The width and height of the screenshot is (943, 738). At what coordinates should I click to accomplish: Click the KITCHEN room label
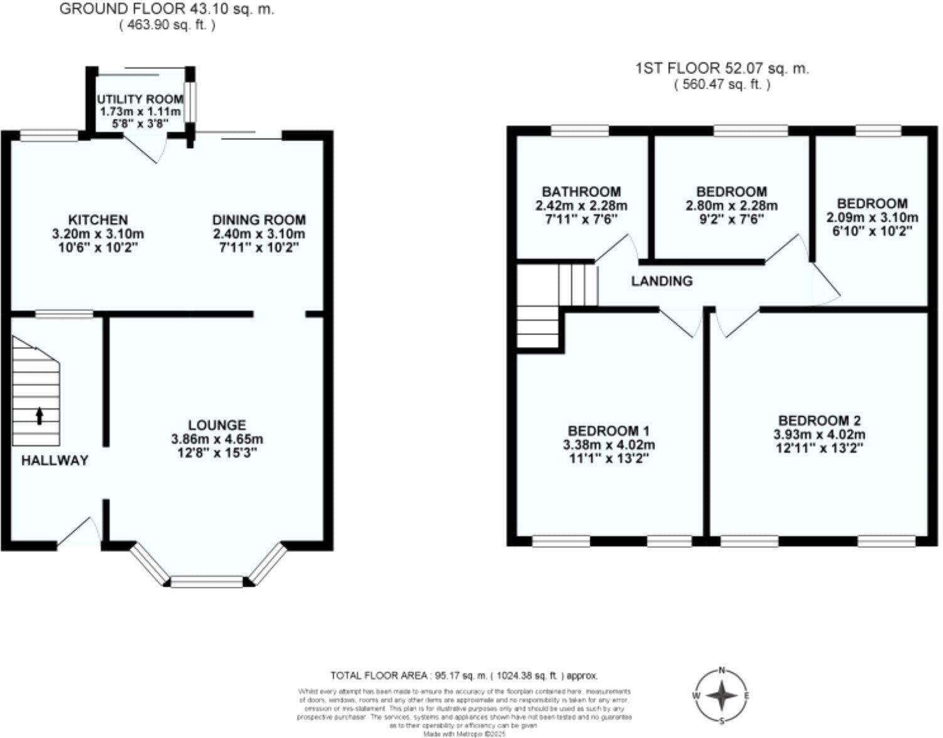pos(97,220)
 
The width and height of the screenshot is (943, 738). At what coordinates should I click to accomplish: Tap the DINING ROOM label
pos(258,220)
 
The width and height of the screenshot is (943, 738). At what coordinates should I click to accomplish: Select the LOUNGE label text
pos(217,425)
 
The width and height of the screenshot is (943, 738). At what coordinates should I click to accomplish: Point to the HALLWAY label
pos(55,461)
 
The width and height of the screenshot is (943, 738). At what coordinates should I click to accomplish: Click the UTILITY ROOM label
pos(140,99)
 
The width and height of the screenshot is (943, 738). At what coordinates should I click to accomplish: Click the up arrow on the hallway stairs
pos(40,415)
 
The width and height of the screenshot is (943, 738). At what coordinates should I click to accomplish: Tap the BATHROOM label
pos(581,192)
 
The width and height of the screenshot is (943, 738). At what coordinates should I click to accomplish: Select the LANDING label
pos(661,281)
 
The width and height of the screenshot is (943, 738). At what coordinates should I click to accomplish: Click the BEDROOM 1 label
pos(608,431)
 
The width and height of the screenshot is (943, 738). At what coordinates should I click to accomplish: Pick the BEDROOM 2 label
pos(819,421)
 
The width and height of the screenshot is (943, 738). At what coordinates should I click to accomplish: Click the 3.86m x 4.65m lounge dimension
pos(217,439)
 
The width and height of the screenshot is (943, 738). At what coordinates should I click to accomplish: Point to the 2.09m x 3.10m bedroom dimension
pos(871,218)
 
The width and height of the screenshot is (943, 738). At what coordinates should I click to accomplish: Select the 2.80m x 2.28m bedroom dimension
pos(731,206)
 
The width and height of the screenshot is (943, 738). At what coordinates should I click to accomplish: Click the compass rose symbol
pos(722,695)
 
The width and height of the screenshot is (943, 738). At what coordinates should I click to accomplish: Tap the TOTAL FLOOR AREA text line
pos(464,676)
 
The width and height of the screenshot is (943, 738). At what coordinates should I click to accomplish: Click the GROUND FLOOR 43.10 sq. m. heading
pos(167,9)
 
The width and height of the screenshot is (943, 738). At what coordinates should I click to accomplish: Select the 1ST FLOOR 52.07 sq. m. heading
pos(722,68)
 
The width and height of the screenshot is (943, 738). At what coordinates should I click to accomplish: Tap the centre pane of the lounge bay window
pos(206,582)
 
